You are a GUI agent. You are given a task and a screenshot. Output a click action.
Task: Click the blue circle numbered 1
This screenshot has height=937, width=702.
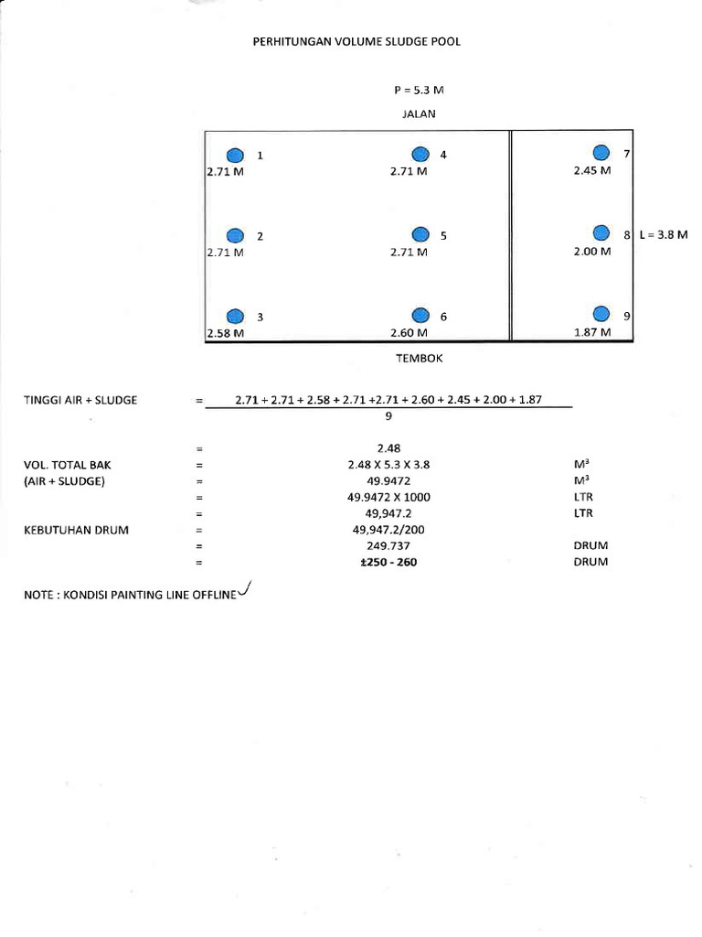[x=235, y=155]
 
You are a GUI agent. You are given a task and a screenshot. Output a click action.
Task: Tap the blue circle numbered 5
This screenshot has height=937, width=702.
[x=420, y=235]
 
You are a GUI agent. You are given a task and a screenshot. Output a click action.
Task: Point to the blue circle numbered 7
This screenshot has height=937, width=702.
[x=601, y=153]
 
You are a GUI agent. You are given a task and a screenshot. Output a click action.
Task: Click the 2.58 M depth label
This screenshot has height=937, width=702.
[x=226, y=333]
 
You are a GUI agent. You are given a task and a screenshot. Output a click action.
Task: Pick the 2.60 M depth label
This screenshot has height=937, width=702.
[x=409, y=333]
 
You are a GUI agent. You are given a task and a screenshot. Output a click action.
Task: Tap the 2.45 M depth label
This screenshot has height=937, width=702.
[x=591, y=170]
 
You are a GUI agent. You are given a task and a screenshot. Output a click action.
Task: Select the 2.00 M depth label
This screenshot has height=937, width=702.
[x=591, y=252]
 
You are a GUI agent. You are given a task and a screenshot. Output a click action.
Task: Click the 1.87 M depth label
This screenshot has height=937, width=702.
[x=591, y=333]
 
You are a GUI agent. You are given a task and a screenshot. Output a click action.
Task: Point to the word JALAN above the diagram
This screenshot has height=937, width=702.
[x=419, y=114]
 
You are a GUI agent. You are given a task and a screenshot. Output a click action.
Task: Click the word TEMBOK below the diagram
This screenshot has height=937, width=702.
[x=419, y=359]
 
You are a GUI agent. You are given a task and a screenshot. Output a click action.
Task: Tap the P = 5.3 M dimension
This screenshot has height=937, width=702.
[x=418, y=92]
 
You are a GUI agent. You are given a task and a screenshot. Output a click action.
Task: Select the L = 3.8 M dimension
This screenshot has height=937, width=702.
[x=663, y=235]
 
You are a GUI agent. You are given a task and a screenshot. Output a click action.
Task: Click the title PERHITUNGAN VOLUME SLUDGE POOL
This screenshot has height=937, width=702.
[x=363, y=42]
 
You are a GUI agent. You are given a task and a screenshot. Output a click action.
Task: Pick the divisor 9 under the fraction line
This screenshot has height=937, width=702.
[x=388, y=415]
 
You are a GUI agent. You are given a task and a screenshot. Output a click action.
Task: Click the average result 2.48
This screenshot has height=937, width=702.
[x=388, y=448]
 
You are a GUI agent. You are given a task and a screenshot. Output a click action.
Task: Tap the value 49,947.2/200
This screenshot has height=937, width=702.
[x=388, y=530]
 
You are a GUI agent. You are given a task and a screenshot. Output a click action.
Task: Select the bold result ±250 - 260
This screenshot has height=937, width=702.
[x=388, y=563]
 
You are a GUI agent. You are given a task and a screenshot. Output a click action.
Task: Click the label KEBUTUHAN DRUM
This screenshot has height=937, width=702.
[x=69, y=530]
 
